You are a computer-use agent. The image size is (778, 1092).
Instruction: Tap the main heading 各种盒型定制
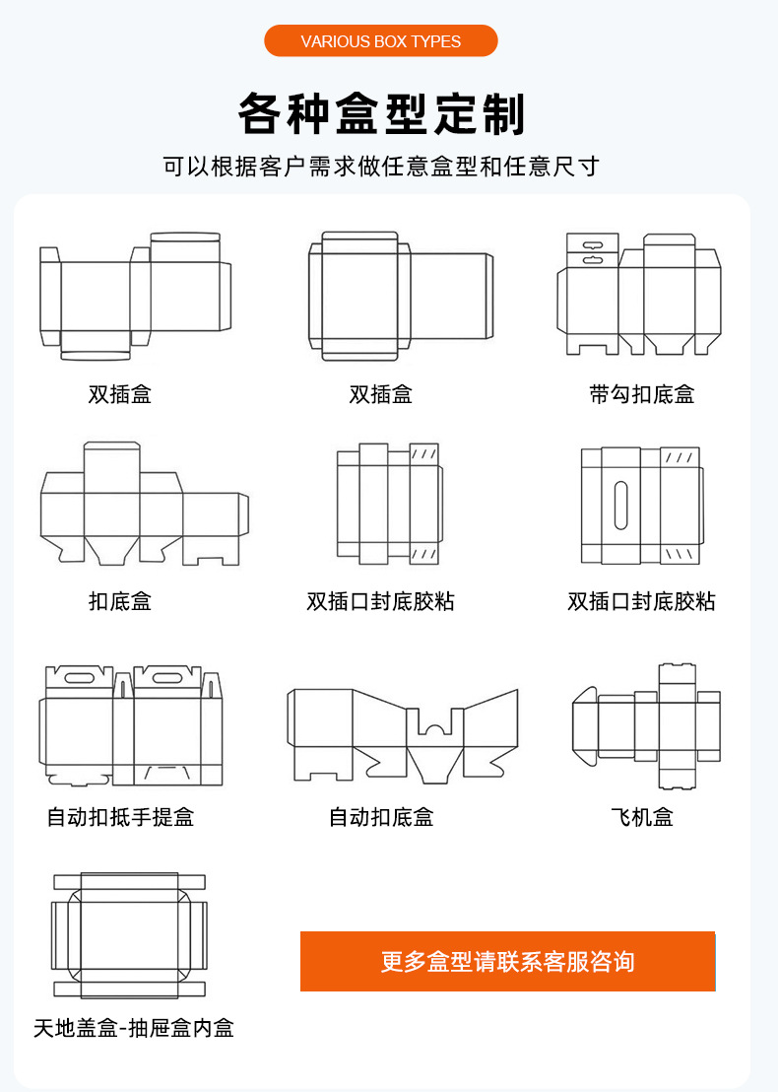point(381,115)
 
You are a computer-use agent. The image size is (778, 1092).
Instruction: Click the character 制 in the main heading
point(505,115)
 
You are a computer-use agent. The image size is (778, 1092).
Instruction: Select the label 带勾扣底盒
point(641,395)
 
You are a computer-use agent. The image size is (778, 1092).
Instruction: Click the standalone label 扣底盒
point(120,601)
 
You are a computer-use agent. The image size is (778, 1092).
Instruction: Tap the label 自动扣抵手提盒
point(120,817)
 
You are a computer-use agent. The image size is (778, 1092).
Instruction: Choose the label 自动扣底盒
point(381,817)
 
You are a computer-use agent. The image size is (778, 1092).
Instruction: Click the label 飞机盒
point(641,817)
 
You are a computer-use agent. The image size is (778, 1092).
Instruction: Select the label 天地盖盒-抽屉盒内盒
point(134,1029)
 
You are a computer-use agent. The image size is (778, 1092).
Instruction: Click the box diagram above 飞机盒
point(647,725)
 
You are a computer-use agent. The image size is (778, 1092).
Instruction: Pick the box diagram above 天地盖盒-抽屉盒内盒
point(129,934)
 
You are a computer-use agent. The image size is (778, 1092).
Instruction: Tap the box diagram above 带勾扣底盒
point(639,294)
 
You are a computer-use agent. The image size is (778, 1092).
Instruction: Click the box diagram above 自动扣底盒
point(402,734)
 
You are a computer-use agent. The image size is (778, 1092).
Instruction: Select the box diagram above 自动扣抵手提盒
point(133,724)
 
